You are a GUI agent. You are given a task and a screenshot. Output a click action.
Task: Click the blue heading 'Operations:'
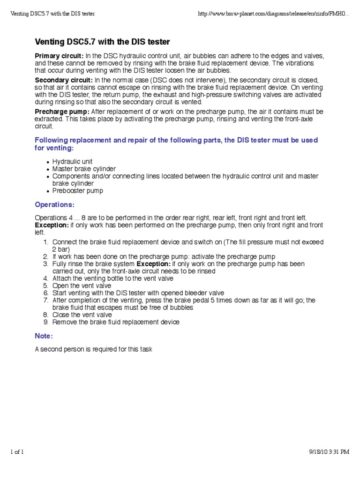(x=55, y=205)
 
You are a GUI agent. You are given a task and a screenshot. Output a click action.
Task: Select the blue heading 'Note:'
(x=45, y=336)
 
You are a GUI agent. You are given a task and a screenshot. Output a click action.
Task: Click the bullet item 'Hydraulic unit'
(x=72, y=162)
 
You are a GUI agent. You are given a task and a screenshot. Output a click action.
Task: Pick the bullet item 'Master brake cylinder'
(x=84, y=169)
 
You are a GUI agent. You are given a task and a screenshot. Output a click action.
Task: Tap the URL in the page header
(x=274, y=13)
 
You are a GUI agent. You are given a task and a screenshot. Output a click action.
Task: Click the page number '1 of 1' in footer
(x=17, y=465)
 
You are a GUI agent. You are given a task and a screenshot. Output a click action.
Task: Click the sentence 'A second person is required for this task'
(x=94, y=349)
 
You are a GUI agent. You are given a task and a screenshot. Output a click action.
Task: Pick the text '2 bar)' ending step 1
(x=60, y=249)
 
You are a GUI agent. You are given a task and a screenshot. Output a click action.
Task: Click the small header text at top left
(x=52, y=13)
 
